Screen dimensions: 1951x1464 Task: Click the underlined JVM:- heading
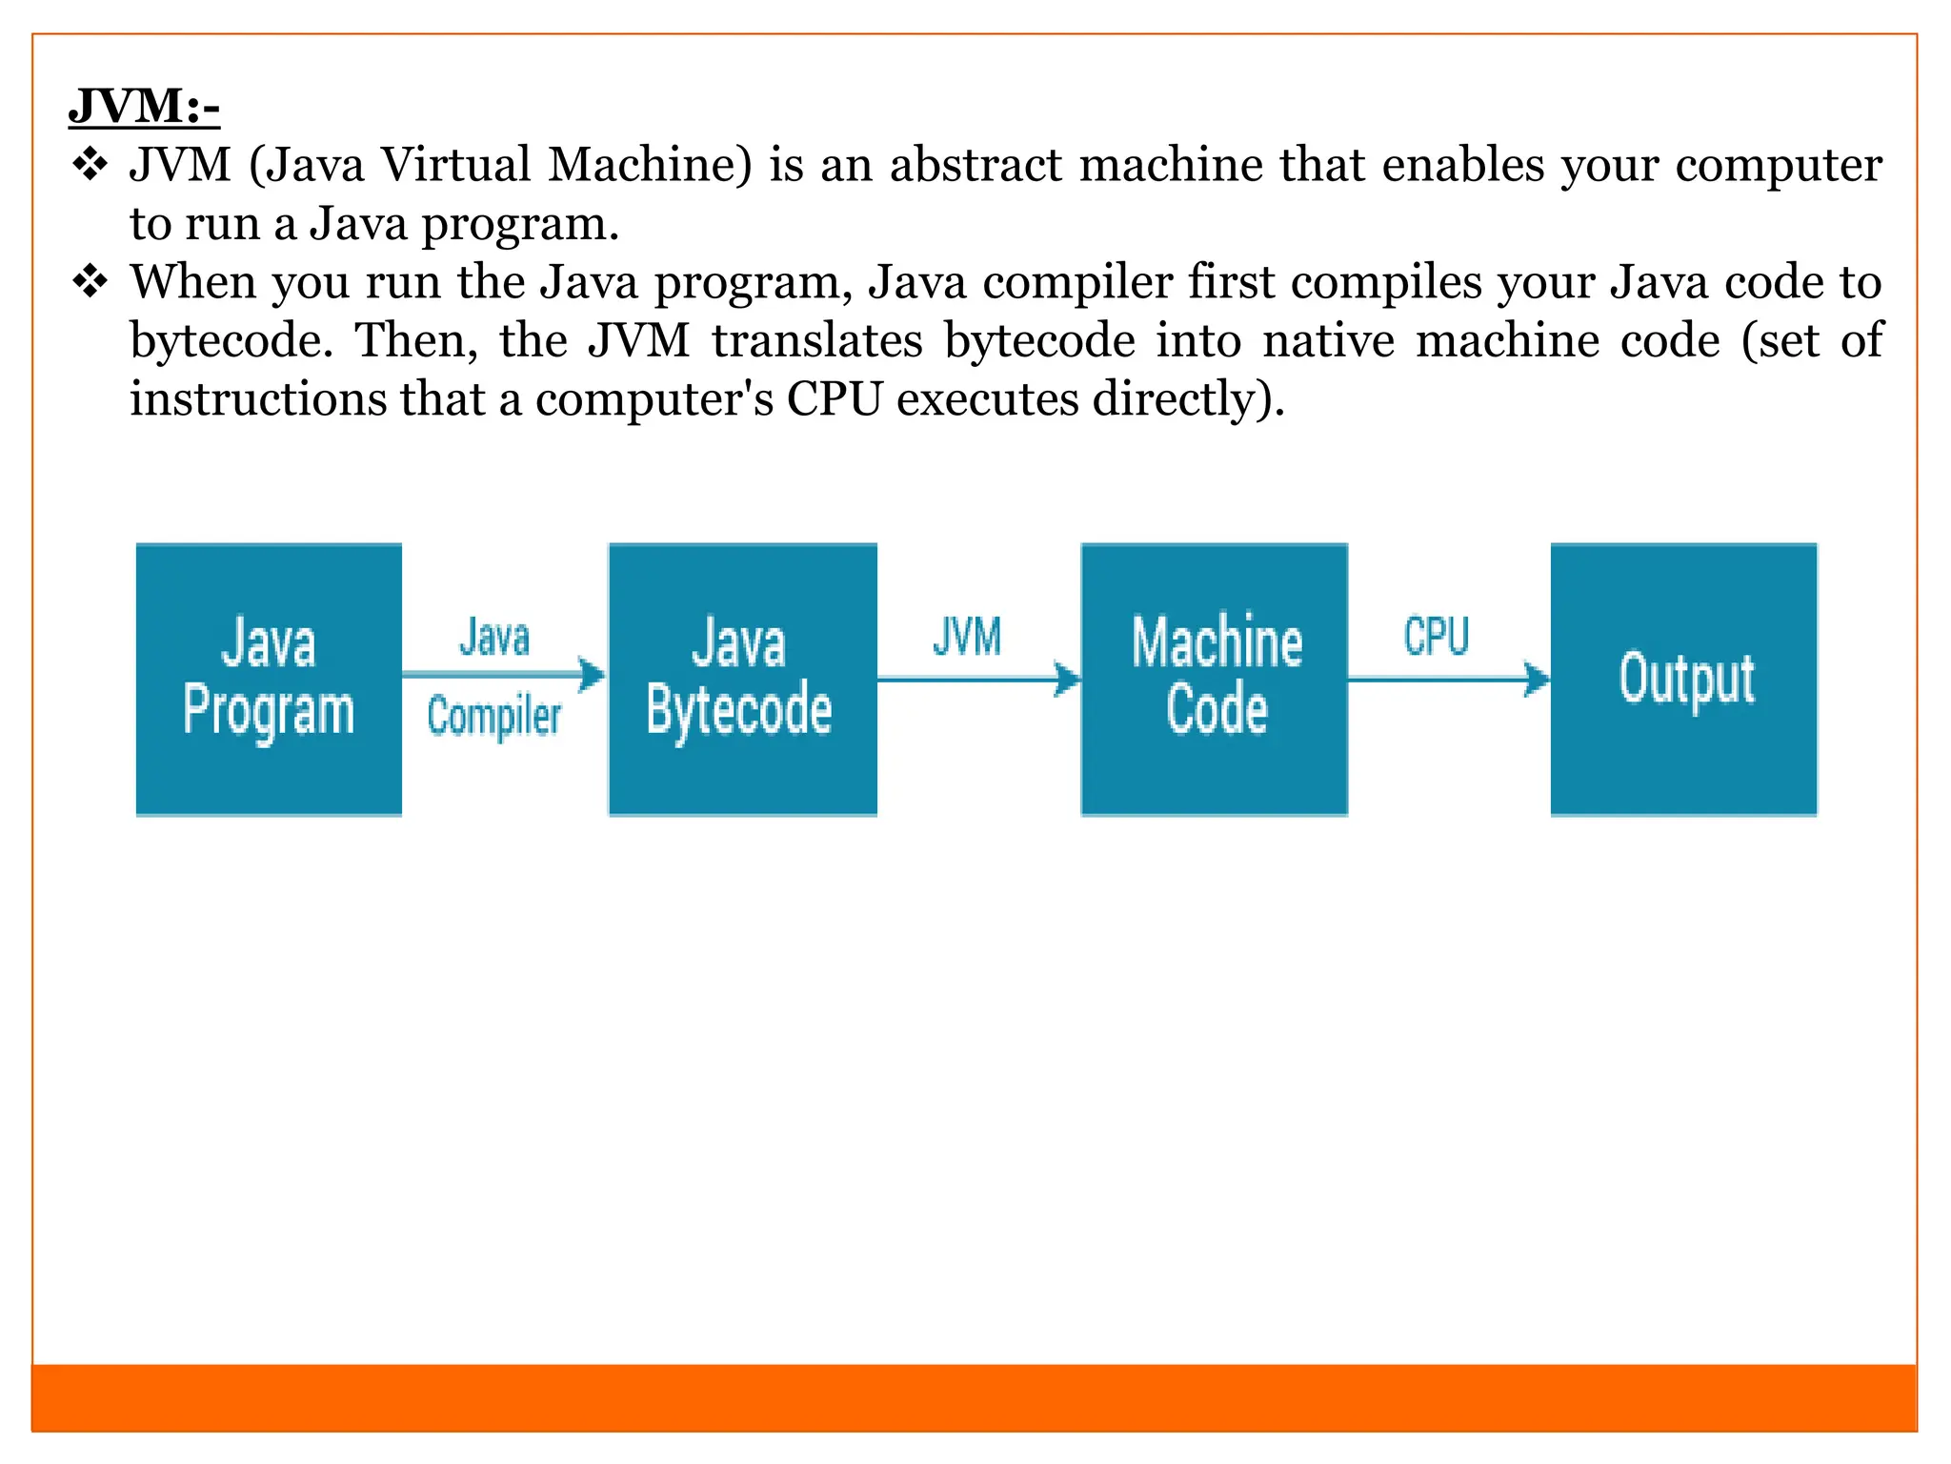pos(144,105)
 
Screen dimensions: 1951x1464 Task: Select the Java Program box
pos(269,679)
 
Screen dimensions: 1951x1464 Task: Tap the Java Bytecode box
pos(742,679)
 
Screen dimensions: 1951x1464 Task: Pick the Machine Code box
pos(1214,679)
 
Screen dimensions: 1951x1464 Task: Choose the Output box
pos(1683,679)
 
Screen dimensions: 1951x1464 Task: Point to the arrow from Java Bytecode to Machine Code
pos(978,679)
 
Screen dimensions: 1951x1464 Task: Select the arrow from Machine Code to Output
pos(1448,679)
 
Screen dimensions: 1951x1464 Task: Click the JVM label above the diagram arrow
pos(967,637)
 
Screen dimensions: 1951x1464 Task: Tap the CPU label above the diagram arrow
pos(1437,636)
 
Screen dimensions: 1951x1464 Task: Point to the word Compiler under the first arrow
pos(493,717)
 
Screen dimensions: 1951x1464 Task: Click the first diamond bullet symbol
pos(91,165)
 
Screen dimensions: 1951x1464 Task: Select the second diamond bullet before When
pos(91,282)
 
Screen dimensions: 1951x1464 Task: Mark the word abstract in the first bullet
pos(975,165)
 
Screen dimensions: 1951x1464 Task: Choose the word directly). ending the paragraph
pos(1189,398)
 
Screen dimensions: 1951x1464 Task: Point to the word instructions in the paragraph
pos(258,398)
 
